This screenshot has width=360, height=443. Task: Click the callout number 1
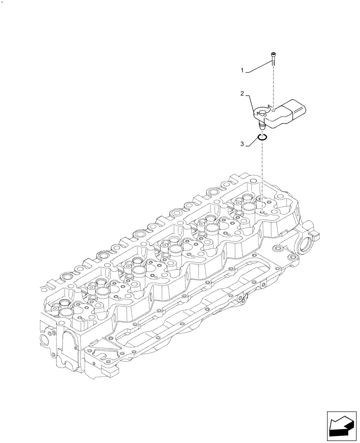tap(242, 70)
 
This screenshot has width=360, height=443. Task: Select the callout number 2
tap(242, 93)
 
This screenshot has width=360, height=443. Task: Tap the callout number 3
tap(242, 144)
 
